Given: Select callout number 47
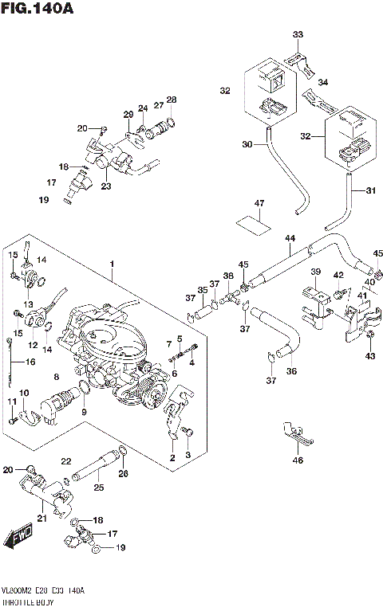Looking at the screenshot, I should tap(258, 204).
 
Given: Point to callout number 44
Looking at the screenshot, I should tap(289, 239).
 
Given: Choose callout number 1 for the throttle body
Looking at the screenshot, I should tap(113, 264).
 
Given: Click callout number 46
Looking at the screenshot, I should tap(298, 460).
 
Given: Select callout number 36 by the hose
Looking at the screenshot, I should tap(290, 370).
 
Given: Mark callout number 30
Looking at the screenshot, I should tap(247, 144).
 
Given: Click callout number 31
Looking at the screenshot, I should tap(369, 190).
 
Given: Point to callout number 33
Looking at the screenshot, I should tap(298, 35).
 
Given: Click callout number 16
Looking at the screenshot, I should tap(31, 362).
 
